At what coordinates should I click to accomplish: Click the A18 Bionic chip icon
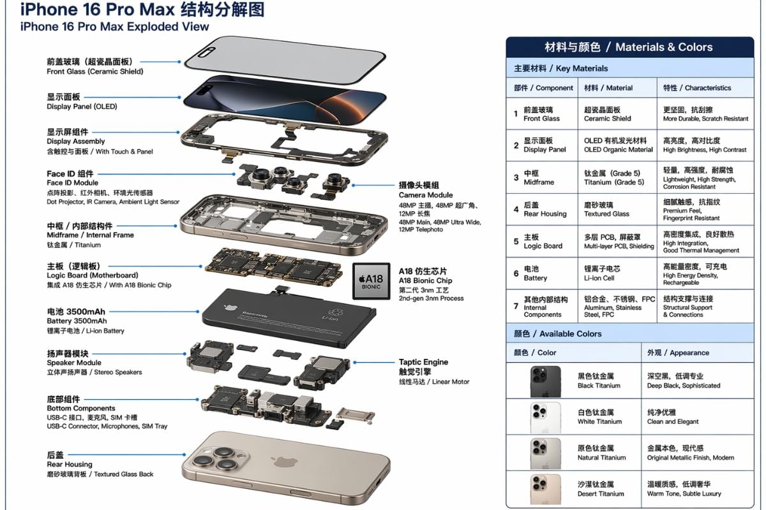(371, 280)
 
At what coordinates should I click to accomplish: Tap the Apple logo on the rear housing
(284, 462)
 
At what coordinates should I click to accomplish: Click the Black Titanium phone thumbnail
(545, 382)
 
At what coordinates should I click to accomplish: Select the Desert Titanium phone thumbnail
(545, 489)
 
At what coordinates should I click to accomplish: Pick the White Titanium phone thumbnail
(545, 418)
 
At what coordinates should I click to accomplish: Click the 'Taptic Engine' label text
(423, 362)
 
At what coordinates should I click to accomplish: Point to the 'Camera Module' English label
(426, 195)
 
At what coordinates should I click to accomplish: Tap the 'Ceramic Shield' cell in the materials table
(607, 119)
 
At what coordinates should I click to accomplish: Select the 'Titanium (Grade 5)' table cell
(614, 182)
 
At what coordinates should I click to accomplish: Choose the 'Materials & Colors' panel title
(664, 47)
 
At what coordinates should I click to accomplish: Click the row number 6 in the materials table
(516, 273)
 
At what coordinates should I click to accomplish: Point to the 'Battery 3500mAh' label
(77, 321)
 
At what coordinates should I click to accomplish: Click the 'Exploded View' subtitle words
(166, 27)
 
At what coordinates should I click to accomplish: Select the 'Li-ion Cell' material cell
(599, 278)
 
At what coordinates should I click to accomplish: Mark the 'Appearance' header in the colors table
(689, 353)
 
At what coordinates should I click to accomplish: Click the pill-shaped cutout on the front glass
(206, 52)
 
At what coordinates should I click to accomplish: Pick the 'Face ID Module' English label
(73, 183)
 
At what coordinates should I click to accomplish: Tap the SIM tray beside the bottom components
(355, 416)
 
